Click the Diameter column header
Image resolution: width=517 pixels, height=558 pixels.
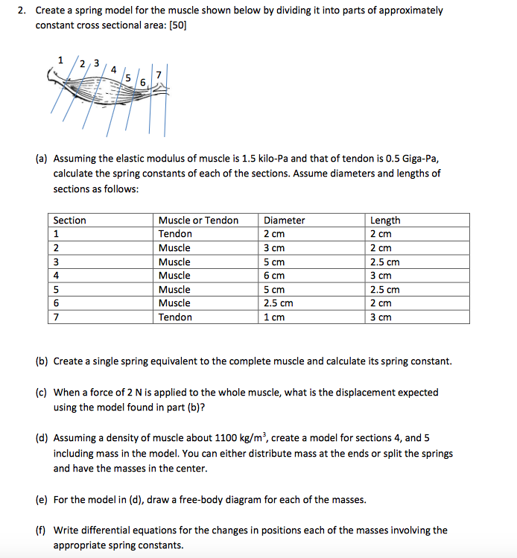285,221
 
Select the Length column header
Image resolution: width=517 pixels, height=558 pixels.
385,221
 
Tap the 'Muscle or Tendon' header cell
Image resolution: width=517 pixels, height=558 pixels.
198,221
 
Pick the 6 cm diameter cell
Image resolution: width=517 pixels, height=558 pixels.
274,276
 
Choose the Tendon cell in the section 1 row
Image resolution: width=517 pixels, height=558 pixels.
175,234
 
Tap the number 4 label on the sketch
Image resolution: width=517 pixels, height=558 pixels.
113,69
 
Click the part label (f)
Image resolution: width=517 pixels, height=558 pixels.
43,530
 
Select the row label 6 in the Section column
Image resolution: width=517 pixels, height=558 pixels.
57,303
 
